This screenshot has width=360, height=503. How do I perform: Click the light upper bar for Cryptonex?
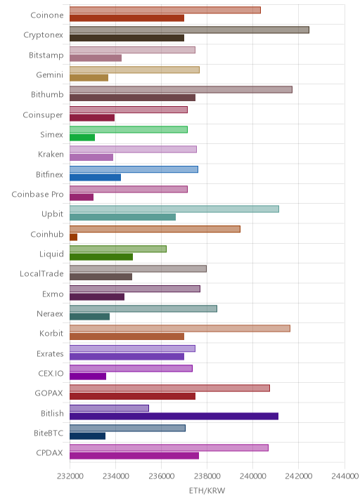click(x=189, y=30)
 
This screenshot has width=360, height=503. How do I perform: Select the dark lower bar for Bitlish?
click(x=174, y=417)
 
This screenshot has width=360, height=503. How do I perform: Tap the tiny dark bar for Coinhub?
click(x=74, y=237)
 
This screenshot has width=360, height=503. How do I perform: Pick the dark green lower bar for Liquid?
click(x=101, y=257)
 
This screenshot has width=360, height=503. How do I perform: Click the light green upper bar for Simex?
click(x=129, y=129)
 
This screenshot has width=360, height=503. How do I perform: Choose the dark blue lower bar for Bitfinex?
click(x=96, y=178)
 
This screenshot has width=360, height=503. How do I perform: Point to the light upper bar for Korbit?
click(x=180, y=329)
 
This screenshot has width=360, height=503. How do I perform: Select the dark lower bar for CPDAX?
click(x=134, y=456)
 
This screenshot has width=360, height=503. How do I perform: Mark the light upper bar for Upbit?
click(x=174, y=209)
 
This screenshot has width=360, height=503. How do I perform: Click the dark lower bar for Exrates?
click(x=127, y=356)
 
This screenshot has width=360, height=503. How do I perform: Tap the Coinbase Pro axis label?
click(x=37, y=195)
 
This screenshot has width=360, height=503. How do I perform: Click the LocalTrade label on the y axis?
click(x=41, y=274)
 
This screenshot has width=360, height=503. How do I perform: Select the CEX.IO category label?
click(x=51, y=374)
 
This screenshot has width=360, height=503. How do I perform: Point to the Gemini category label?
click(x=50, y=74)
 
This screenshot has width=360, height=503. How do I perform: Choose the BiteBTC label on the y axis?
click(x=49, y=433)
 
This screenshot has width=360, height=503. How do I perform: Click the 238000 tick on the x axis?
click(x=207, y=476)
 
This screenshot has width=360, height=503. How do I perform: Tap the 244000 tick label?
click(x=345, y=476)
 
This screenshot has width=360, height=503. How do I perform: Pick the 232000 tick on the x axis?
click(x=70, y=476)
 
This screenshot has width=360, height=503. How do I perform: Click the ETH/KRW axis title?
click(x=207, y=491)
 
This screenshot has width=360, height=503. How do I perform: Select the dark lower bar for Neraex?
click(x=89, y=317)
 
